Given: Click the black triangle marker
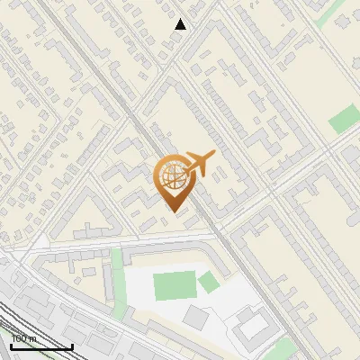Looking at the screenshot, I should click(180, 24).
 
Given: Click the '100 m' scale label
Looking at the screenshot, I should click(24, 338).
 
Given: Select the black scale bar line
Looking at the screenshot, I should click(41, 346).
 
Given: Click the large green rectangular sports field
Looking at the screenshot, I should click(175, 286).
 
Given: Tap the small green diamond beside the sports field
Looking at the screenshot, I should click(209, 283).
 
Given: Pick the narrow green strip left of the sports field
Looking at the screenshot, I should click(116, 283).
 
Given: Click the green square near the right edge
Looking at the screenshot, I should click(344, 119).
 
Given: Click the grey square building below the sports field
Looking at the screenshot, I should click(197, 317).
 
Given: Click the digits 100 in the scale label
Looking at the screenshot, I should click(20, 338).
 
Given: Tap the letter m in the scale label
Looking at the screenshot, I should click(34, 338).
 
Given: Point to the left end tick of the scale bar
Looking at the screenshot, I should click(11, 345).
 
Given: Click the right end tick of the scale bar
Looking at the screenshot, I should click(72, 345).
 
